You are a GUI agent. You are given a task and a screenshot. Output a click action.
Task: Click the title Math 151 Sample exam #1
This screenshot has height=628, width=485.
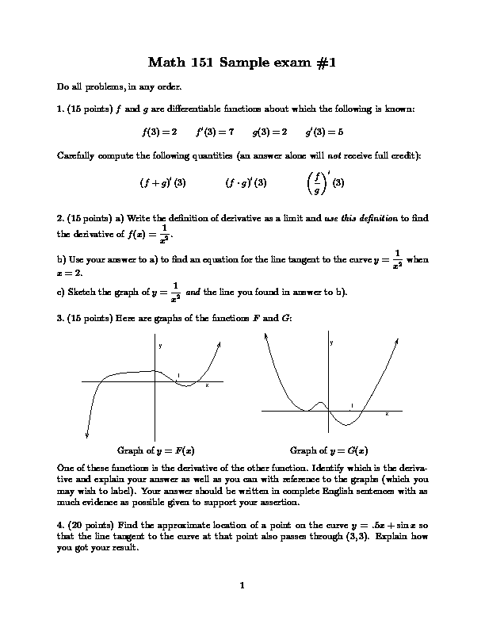point(242,63)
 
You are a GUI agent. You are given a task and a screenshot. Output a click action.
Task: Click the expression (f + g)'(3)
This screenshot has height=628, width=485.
point(163,182)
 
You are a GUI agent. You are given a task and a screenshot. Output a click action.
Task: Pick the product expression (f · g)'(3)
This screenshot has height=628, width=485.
point(246,182)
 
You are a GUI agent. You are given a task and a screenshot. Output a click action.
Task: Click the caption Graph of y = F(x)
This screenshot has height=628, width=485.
point(156,449)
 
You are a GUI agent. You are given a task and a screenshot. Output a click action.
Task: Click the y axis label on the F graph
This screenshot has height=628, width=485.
point(160,346)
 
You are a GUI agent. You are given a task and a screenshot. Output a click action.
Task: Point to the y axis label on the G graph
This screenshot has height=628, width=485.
point(331,342)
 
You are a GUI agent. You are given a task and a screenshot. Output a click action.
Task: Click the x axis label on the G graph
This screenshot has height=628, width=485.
point(387,414)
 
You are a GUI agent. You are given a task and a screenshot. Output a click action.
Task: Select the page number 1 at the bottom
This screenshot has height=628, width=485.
point(242,586)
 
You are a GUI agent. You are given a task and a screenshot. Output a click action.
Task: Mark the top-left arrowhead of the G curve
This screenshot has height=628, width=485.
point(267,337)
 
